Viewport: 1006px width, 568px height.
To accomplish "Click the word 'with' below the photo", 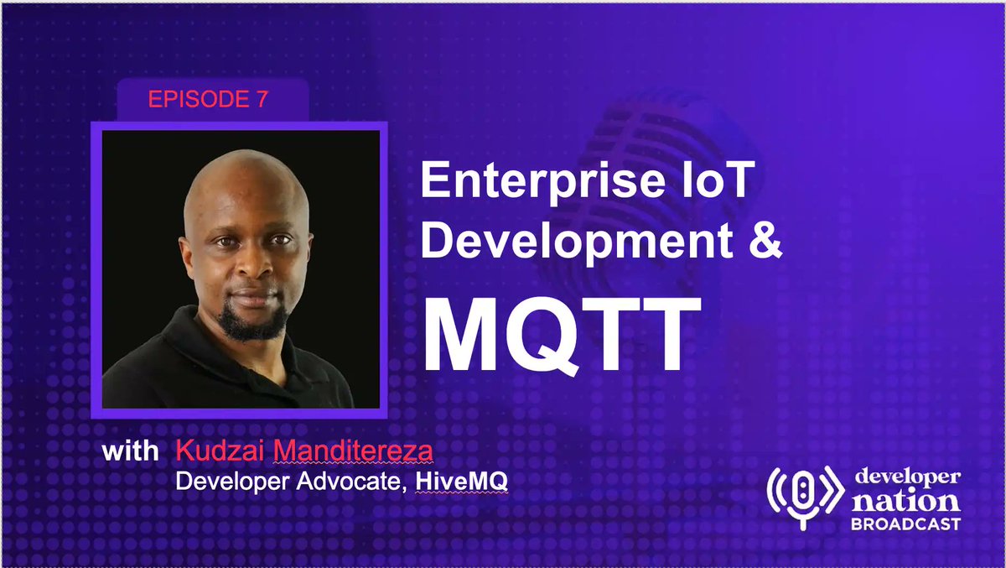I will (130, 451).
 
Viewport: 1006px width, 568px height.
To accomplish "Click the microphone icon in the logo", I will (802, 496).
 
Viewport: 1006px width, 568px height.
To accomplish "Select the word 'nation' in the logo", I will (905, 501).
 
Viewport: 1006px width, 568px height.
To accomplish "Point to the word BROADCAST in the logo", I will (905, 524).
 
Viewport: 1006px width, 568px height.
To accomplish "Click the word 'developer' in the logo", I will (907, 477).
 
